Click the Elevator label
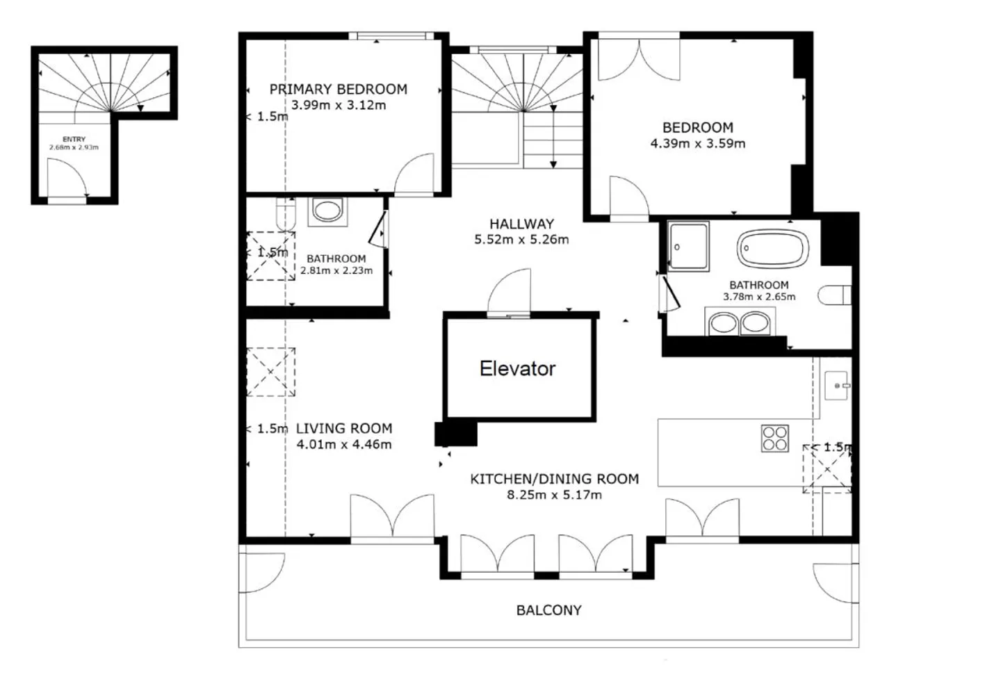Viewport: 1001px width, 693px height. (517, 368)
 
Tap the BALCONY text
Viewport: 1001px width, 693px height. (548, 610)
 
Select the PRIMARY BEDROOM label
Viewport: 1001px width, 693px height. (339, 90)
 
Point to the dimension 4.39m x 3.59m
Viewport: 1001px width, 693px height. (698, 144)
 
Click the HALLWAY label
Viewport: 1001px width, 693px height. (521, 224)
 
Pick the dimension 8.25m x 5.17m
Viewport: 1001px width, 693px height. (554, 495)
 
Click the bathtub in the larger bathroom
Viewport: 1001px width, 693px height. (773, 248)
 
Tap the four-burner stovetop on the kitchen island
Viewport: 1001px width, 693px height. (775, 439)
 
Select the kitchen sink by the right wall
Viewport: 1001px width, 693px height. (836, 385)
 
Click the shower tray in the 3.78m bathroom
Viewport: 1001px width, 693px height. (688, 246)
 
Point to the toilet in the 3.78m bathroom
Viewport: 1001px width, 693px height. (834, 295)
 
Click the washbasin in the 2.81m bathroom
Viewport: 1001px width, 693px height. (327, 211)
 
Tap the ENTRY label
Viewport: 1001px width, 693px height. (74, 140)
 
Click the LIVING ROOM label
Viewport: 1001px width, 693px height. (344, 428)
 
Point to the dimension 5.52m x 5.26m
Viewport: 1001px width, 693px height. (521, 240)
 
